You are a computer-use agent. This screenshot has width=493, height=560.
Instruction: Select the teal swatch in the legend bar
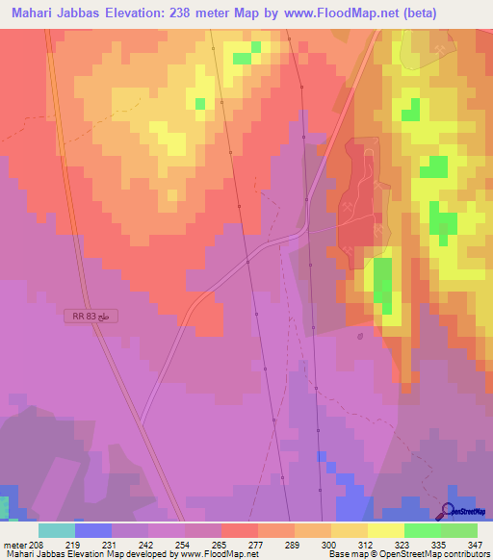[x=57, y=530]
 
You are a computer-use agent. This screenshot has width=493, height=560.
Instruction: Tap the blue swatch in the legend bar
[x=93, y=530]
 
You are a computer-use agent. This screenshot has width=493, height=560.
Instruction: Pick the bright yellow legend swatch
[x=385, y=530]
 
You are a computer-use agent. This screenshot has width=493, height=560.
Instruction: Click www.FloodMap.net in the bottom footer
[x=221, y=553]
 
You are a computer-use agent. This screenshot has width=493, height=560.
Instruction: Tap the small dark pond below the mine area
[x=359, y=337]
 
